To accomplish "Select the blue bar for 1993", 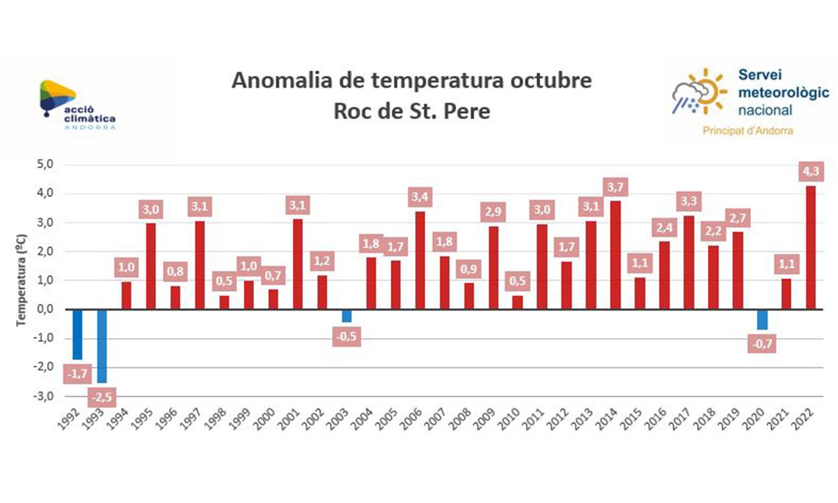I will pos(102,345).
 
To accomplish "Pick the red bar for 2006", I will pos(419,260).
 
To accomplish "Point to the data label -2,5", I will pos(102,397).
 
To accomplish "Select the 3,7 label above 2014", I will pos(615,186).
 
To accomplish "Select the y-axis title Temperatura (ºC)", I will pos(21,280).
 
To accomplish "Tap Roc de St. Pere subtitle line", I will pos(412,111).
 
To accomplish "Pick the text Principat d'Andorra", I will pos(747,131).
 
